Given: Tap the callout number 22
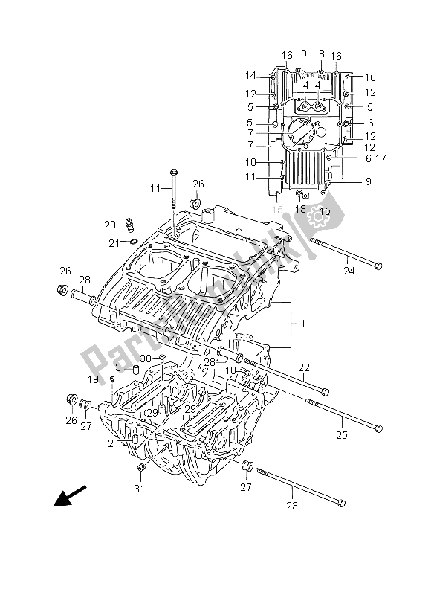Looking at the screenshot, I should (x=303, y=367).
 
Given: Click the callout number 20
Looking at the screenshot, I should (x=109, y=225).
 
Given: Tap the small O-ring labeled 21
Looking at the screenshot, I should (x=132, y=241).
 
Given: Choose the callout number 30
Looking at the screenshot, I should (x=146, y=359).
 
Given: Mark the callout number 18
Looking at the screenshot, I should (x=230, y=370).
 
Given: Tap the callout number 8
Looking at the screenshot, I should (x=321, y=54).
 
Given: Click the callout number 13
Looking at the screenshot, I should (x=300, y=210).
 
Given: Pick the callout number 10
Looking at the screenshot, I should (x=250, y=162).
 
